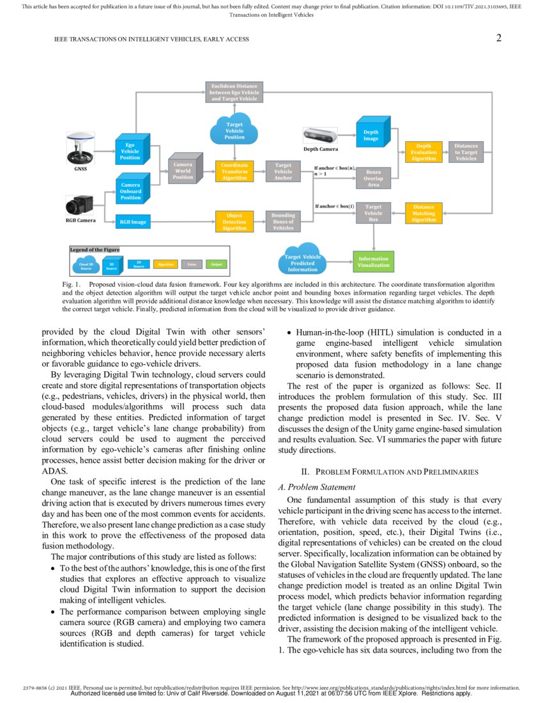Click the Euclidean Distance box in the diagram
(234, 92)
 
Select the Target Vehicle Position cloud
(234, 130)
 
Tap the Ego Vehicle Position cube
(131, 151)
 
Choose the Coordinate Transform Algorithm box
(234, 171)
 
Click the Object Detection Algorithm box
(234, 221)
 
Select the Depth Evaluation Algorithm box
(424, 152)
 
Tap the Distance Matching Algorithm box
(424, 213)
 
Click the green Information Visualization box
(374, 262)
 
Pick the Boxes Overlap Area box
(374, 178)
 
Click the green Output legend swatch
(217, 263)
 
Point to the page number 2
(498, 38)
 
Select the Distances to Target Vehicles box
(466, 152)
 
